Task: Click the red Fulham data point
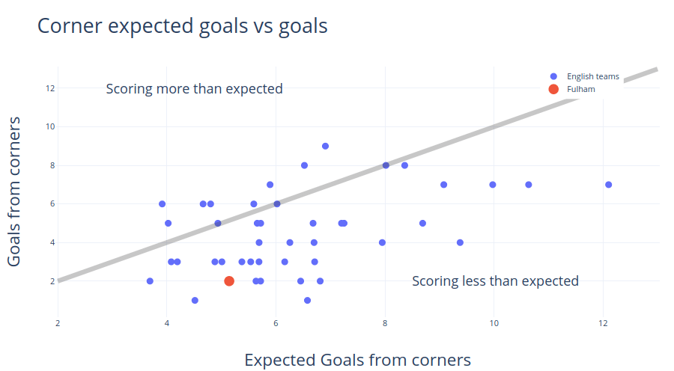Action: [229, 281]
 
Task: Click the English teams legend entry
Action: [584, 76]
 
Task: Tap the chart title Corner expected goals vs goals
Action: [182, 25]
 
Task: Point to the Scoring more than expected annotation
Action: [194, 89]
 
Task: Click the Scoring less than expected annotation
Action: [495, 281]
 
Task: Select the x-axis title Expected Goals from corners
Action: [358, 360]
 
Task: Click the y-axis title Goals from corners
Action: [14, 191]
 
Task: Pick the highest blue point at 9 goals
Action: [326, 146]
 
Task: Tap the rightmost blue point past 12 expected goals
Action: [608, 185]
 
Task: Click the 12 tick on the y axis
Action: [50, 88]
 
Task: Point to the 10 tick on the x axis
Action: [494, 323]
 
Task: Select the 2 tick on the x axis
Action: [58, 323]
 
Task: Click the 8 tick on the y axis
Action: [52, 165]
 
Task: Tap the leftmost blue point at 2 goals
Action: [150, 281]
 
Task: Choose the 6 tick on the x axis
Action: [276, 323]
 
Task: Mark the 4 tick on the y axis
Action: [52, 242]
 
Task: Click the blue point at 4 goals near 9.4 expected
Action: [460, 242]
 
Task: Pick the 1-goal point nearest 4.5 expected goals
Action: [195, 301]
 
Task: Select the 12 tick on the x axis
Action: [603, 323]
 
